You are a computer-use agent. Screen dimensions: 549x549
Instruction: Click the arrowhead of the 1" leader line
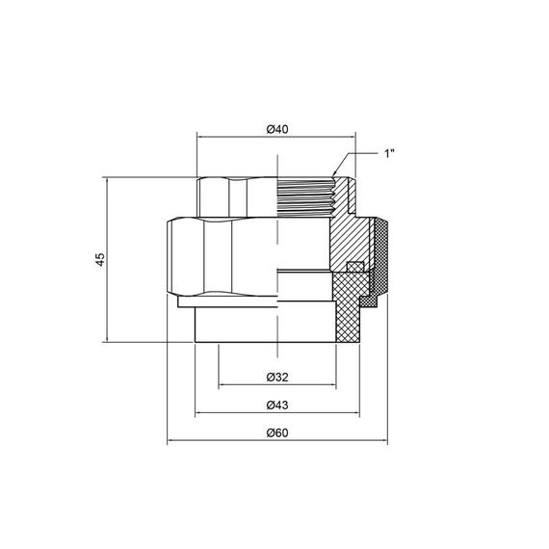335,174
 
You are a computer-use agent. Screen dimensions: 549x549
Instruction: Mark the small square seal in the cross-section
353,267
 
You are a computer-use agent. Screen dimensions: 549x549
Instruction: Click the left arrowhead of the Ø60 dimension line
171,443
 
